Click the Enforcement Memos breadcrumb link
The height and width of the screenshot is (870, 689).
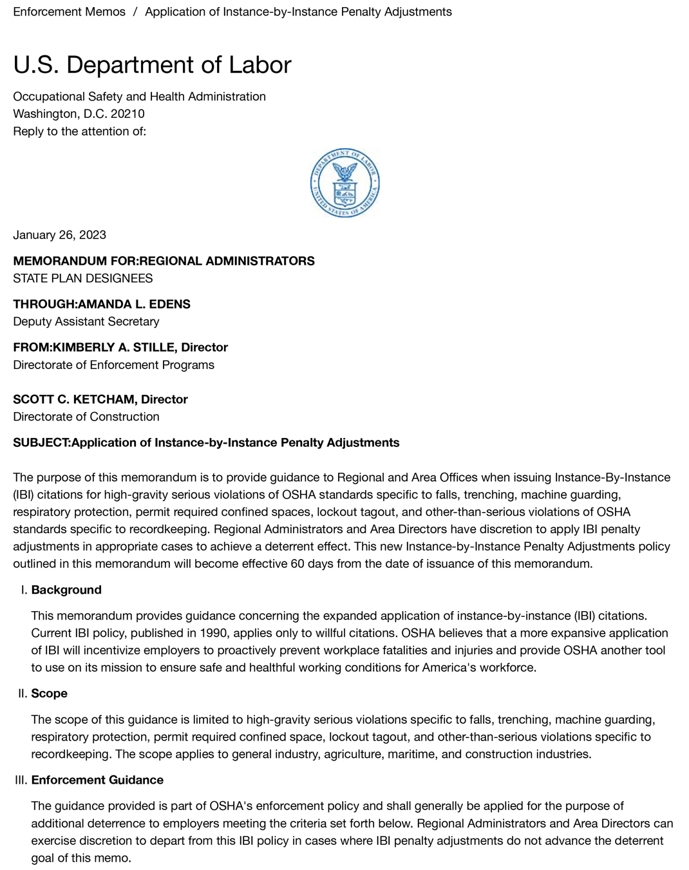click(69, 12)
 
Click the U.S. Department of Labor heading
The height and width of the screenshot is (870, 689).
click(152, 65)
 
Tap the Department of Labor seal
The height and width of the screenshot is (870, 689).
click(344, 183)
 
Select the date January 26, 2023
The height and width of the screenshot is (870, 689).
click(59, 234)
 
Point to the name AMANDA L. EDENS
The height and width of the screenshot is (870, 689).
click(134, 304)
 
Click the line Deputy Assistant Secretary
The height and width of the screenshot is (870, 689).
click(86, 321)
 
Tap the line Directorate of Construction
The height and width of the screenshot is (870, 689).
click(86, 417)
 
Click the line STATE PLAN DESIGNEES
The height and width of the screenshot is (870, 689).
click(82, 278)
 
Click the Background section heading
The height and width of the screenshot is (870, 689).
click(66, 590)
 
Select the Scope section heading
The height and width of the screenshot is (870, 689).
click(49, 694)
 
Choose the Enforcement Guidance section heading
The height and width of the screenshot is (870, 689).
click(97, 780)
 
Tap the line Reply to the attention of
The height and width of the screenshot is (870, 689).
click(79, 131)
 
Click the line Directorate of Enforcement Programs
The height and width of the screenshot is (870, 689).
click(113, 364)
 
